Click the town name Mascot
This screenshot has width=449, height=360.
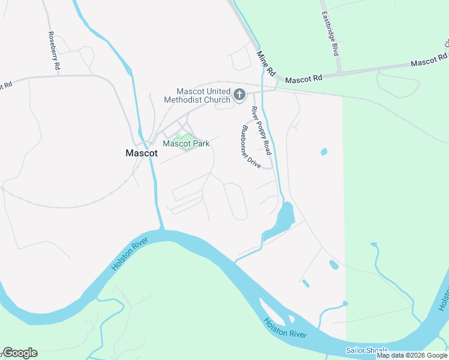point(142,153)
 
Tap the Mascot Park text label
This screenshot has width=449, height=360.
point(185,143)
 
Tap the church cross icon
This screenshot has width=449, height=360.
point(240,95)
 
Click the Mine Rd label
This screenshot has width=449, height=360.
point(265,63)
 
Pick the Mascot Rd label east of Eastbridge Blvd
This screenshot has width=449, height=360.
point(429,59)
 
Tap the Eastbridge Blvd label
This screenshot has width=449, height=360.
point(330,33)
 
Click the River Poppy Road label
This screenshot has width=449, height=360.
point(261,130)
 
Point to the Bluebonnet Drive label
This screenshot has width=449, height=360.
point(250,146)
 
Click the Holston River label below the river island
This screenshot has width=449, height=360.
point(285,331)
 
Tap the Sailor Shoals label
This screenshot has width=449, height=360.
point(367,350)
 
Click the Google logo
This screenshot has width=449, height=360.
point(19,353)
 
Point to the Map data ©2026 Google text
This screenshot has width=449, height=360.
point(412,355)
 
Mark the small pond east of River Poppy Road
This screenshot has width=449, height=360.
point(324,152)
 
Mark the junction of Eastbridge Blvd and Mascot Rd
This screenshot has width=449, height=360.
point(340,73)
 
